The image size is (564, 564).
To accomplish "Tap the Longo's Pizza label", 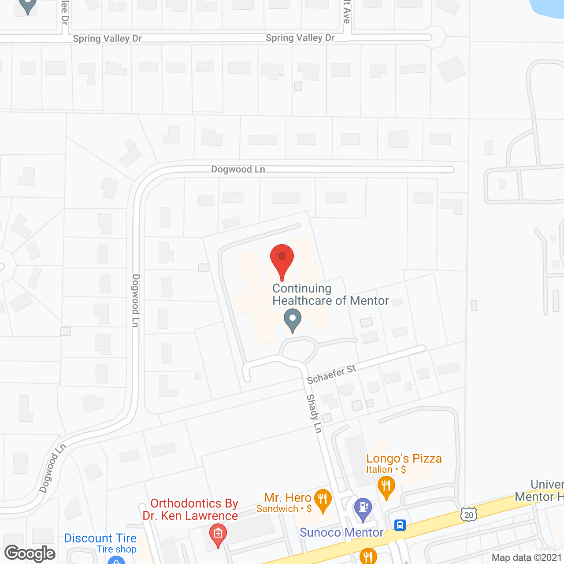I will coord(404,459).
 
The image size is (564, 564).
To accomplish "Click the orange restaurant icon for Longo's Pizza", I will coord(386,487).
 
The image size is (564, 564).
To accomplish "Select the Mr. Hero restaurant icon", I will coord(323,500).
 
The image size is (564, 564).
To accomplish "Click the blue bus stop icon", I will coord(400,525).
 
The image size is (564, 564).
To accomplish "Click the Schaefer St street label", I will coord(331,375).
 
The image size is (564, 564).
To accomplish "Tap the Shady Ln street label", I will coord(314,413).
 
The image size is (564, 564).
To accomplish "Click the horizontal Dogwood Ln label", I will coord(238,169).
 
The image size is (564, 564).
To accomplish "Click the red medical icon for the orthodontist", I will coord(218,534).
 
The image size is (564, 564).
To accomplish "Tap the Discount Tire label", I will coord(100,538).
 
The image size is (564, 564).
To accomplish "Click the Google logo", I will coord(30,553).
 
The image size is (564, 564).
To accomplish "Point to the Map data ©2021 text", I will coord(527,558).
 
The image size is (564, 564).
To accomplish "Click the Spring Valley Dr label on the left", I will coord(107,39).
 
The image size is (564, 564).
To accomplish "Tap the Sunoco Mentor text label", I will coord(341,533).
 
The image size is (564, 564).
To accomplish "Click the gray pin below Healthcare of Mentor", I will coord(292,320).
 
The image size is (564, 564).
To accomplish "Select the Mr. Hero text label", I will coord(288,498).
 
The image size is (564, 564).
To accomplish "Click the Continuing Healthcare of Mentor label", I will coord(330,294).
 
